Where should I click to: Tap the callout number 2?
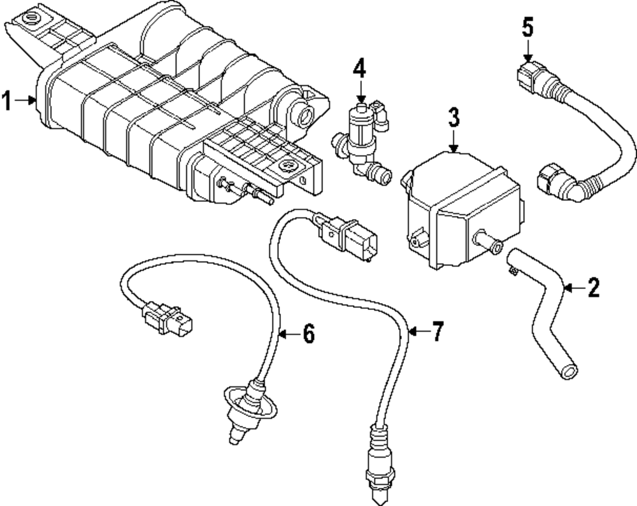tap(593, 288)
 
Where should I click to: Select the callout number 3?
tap(453, 118)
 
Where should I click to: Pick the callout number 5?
tap(527, 27)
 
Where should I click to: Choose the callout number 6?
tap(308, 333)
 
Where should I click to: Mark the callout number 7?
tap(436, 332)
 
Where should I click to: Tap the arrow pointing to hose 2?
tap(571, 288)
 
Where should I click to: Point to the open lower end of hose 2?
tap(567, 371)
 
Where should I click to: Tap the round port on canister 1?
tap(304, 115)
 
